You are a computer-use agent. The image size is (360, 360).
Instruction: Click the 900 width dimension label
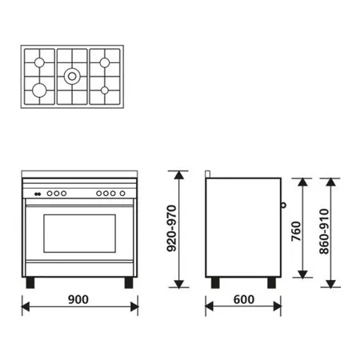tap(78, 299)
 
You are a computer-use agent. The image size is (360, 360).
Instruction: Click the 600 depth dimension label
tap(244, 299)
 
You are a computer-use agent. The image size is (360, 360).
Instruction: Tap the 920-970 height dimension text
tap(171, 229)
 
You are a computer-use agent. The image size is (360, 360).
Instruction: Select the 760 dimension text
tap(296, 231)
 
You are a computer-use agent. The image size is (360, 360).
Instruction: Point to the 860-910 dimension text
tap(324, 231)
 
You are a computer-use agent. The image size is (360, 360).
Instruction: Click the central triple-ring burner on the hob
tap(72, 77)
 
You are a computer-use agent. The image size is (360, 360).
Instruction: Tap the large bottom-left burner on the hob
tap(39, 90)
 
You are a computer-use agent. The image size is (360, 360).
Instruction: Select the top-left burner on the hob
tap(39, 62)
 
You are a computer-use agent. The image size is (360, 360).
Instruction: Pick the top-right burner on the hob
tap(105, 62)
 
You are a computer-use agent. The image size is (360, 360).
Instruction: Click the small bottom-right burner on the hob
tap(105, 90)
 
